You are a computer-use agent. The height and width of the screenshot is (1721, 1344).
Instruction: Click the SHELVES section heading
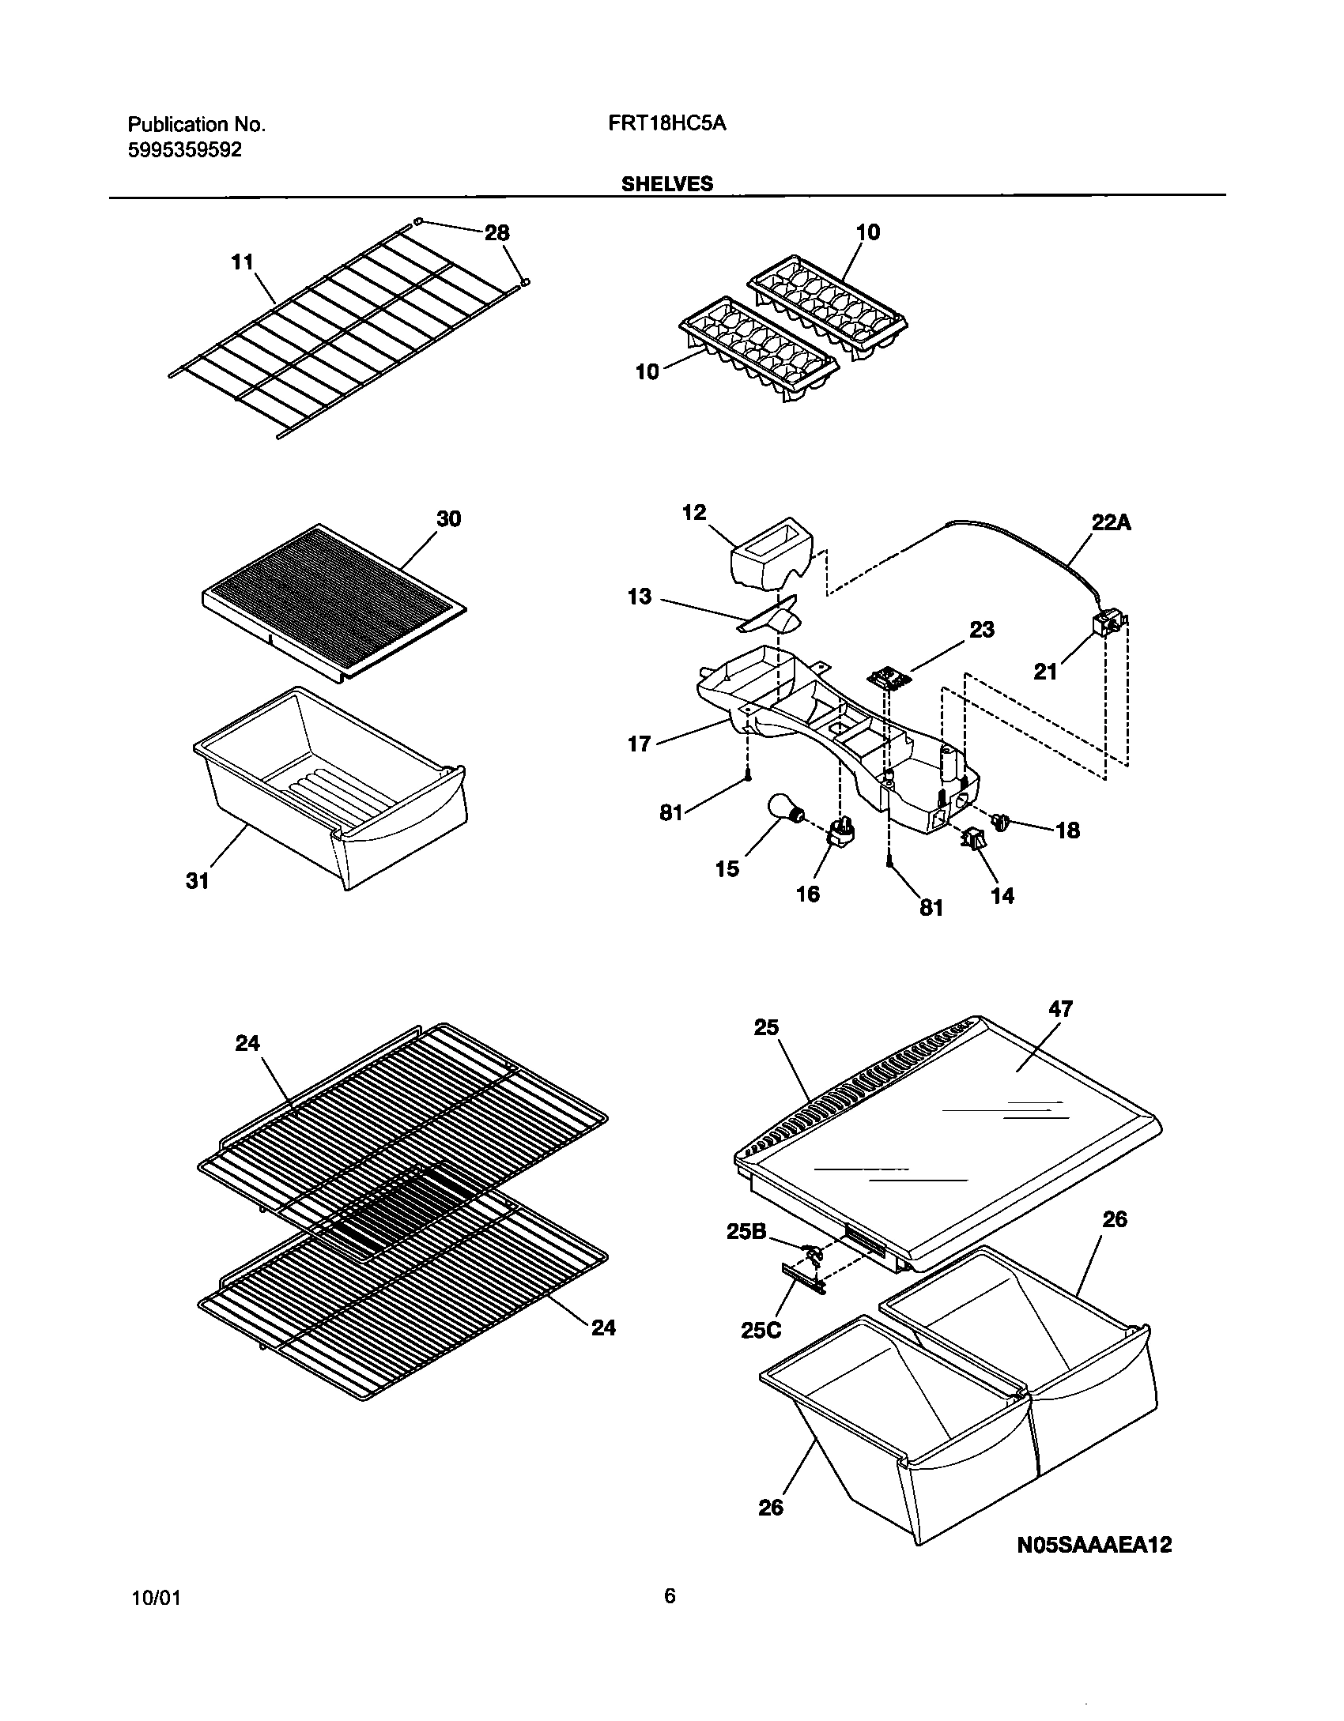(x=666, y=183)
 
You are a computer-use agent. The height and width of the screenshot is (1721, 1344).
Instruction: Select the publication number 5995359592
(x=184, y=149)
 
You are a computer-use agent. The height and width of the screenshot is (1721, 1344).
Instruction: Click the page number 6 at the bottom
(x=670, y=1595)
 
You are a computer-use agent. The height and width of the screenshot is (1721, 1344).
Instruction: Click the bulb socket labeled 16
(x=841, y=833)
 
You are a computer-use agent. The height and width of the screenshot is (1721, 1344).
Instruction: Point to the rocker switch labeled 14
(x=972, y=840)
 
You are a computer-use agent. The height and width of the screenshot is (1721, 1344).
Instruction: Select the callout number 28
(x=496, y=233)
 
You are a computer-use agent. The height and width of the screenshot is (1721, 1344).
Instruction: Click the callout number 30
(x=448, y=519)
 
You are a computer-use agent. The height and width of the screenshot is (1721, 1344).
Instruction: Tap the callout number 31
(x=197, y=880)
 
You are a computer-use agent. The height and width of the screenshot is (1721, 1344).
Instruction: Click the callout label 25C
(x=761, y=1330)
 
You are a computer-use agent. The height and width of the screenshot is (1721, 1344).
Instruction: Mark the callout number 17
(x=638, y=744)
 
